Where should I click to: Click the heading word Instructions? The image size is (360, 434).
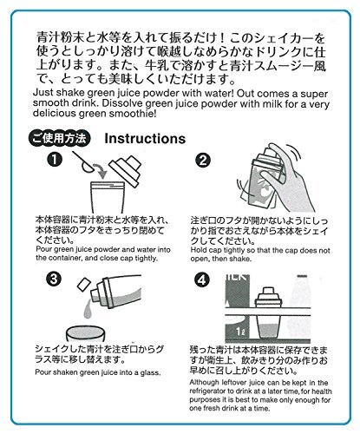(x=145, y=138)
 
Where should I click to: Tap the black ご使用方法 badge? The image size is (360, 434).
(x=60, y=138)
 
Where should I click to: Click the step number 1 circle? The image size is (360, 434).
(x=55, y=159)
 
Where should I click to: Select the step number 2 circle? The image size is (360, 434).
(x=203, y=160)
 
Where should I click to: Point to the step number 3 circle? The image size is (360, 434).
(x=54, y=279)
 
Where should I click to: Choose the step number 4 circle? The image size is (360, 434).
(x=202, y=279)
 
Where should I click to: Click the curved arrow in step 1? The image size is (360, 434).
(x=100, y=171)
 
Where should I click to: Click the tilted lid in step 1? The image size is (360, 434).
(x=125, y=172)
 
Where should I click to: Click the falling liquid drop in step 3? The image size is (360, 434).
(x=88, y=309)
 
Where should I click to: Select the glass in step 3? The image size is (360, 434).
(x=85, y=333)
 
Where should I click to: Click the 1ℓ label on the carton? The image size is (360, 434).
(x=240, y=331)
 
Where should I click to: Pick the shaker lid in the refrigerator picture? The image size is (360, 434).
(x=268, y=297)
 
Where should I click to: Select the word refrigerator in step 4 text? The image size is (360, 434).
(x=207, y=391)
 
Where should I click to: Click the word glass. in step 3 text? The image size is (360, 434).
(x=150, y=372)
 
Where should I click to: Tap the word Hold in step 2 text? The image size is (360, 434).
(x=197, y=250)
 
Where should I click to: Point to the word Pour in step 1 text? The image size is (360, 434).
(x=44, y=249)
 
